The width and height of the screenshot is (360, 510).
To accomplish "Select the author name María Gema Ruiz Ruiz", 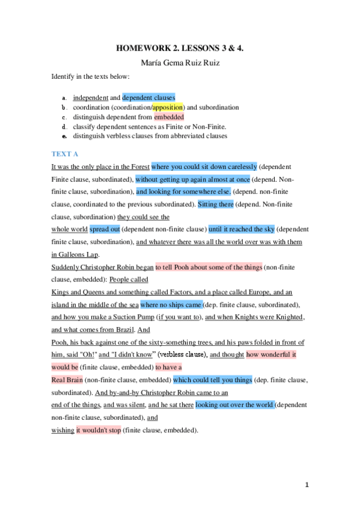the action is (180, 64).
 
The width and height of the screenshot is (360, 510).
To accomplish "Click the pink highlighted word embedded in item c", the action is (169, 117).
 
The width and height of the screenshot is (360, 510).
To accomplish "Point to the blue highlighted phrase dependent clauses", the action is (148, 97).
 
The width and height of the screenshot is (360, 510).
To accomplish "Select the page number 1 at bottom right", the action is (307, 484).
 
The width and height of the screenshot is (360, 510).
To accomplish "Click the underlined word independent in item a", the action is (90, 97).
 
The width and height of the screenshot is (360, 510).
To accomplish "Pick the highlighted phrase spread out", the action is (105, 229).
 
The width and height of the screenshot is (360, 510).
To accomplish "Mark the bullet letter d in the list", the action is (64, 127).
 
